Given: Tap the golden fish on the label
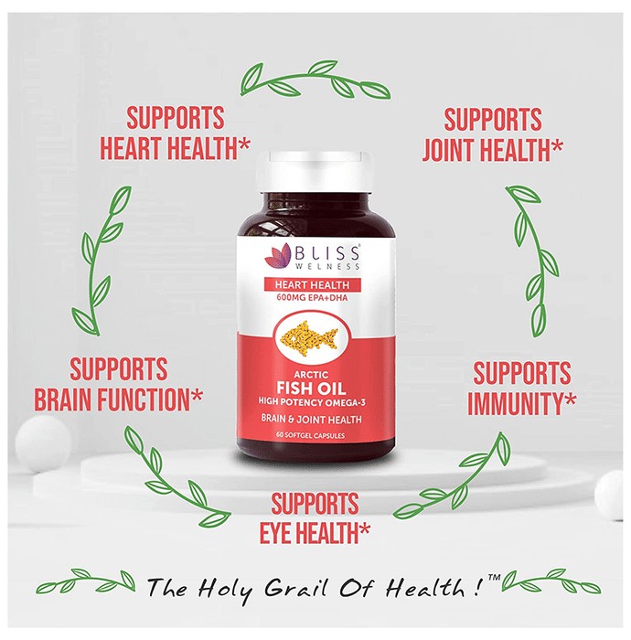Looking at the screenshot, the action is click(x=309, y=336).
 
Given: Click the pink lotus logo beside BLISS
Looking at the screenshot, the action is click(x=277, y=255).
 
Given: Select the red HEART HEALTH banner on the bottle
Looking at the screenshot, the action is click(x=312, y=284).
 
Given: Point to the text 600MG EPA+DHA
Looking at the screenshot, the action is click(x=312, y=298).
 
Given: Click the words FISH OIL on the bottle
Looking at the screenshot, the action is click(x=312, y=388).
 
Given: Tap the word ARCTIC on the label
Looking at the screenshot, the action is click(x=311, y=374).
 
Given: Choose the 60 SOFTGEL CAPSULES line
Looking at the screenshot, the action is click(x=311, y=435).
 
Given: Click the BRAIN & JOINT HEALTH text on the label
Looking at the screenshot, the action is click(x=312, y=419).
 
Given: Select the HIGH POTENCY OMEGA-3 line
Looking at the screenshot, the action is click(x=312, y=402).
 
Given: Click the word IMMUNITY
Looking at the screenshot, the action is click(x=516, y=403).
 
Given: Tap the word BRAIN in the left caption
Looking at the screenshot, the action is click(x=62, y=400).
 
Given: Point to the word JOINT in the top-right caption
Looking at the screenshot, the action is click(x=447, y=150).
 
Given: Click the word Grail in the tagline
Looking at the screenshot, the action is click(x=295, y=588).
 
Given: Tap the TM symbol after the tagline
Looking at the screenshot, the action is click(x=494, y=578).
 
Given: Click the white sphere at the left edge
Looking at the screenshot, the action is click(x=42, y=443).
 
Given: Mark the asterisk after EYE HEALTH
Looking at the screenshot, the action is click(x=365, y=528).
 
